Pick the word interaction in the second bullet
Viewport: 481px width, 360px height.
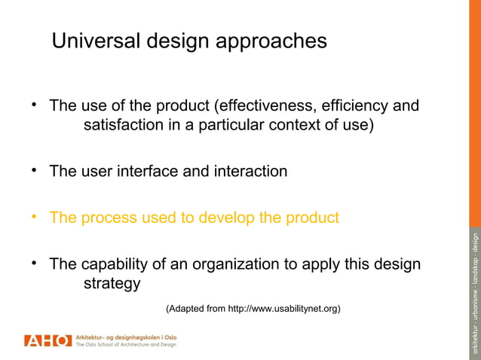[250, 171]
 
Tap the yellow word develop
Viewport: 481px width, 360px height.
[226, 218]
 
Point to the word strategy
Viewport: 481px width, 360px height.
[111, 284]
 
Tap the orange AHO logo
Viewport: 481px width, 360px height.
[47, 340]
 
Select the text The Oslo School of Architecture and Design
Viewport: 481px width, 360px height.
[126, 345]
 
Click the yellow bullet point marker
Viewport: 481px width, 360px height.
[34, 218]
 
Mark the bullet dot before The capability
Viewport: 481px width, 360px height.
[34, 264]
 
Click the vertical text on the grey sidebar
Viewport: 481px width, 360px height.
[474, 294]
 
